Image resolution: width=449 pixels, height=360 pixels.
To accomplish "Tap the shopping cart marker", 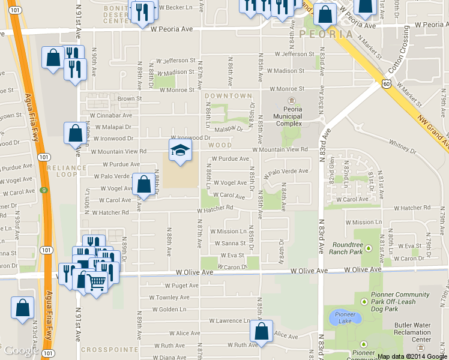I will click(x=98, y=281).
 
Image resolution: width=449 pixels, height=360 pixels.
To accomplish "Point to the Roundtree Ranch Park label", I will click(x=348, y=248).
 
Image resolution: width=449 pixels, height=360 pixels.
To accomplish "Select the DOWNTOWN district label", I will click(x=228, y=96).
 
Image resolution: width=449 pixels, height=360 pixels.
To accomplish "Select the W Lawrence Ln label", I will click(x=229, y=321).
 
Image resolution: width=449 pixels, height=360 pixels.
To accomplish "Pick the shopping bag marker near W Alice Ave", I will click(x=262, y=332).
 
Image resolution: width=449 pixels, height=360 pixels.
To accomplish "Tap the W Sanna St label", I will click(x=230, y=243).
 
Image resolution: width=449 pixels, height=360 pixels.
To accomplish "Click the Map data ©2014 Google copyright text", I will click(x=412, y=356).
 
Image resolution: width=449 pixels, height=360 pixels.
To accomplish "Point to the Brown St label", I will click(x=129, y=98).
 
